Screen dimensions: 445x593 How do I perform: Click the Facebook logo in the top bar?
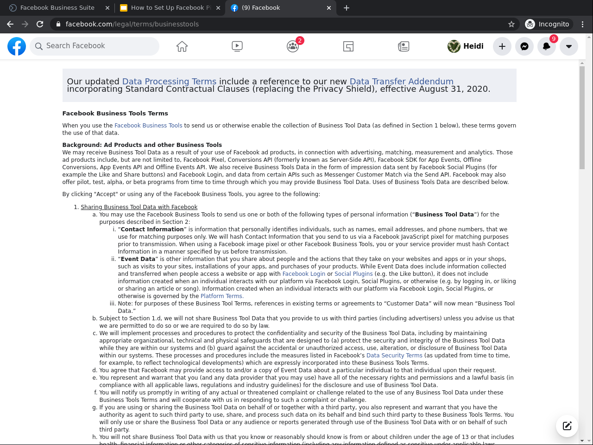click(17, 46)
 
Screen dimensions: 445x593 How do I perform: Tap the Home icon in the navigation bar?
click(182, 46)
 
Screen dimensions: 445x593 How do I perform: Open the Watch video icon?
click(237, 46)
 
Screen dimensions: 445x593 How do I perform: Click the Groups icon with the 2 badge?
click(293, 46)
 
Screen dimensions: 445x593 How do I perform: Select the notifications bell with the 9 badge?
click(547, 46)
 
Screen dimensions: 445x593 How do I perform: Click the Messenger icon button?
click(524, 46)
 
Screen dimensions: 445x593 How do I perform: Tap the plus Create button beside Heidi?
click(502, 46)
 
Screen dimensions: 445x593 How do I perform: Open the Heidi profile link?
click(466, 46)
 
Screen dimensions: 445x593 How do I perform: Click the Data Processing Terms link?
click(169, 82)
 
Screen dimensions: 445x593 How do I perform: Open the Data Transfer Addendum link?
click(401, 82)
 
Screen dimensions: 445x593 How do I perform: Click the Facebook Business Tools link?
click(148, 126)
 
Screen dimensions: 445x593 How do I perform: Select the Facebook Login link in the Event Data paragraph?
click(304, 274)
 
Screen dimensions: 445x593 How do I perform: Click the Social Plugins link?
click(353, 274)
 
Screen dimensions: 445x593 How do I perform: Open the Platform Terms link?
click(221, 296)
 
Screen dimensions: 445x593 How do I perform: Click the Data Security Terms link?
click(394, 356)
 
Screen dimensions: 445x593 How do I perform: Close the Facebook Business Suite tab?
click(107, 8)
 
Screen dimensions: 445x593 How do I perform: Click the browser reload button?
click(40, 24)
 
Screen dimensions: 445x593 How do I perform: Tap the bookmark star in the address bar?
click(511, 24)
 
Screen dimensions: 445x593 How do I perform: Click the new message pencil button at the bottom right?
click(567, 426)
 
